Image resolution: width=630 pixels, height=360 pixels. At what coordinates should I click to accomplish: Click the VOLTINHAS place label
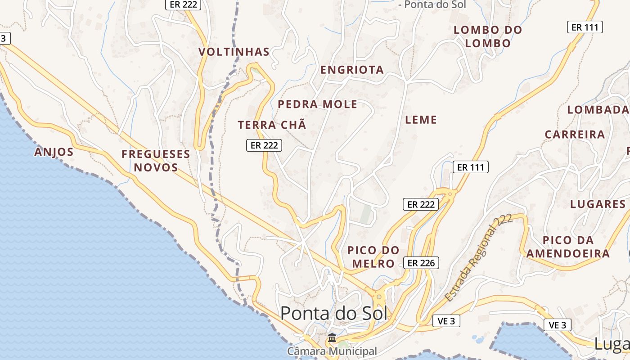point(234,52)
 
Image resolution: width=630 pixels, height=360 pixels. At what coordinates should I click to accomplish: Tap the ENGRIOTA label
point(352,70)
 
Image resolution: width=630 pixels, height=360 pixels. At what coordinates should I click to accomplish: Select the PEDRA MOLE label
point(317,104)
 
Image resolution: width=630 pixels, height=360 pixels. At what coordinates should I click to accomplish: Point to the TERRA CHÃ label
point(272,125)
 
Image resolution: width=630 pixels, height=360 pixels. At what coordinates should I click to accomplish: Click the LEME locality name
point(421,120)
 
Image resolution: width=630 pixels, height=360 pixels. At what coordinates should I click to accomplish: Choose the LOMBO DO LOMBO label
point(488,37)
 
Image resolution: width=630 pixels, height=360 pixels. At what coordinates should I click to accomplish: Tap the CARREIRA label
point(575,135)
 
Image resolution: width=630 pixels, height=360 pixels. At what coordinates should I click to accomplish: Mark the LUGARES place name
point(598,204)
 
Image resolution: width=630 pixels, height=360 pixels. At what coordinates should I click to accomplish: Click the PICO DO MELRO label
point(373,256)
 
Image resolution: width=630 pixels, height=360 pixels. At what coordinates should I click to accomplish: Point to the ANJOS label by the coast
point(54,152)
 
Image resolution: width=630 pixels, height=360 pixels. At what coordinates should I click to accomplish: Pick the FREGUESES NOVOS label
point(156,161)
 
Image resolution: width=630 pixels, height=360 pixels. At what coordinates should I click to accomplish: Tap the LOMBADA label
point(598,110)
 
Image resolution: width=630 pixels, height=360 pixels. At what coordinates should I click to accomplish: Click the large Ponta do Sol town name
point(333,313)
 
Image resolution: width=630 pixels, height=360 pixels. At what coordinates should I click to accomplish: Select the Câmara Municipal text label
point(332,351)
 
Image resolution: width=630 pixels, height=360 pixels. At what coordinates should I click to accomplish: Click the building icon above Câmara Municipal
point(332,337)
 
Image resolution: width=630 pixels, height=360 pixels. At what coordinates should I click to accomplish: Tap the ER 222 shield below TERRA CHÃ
point(264,145)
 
